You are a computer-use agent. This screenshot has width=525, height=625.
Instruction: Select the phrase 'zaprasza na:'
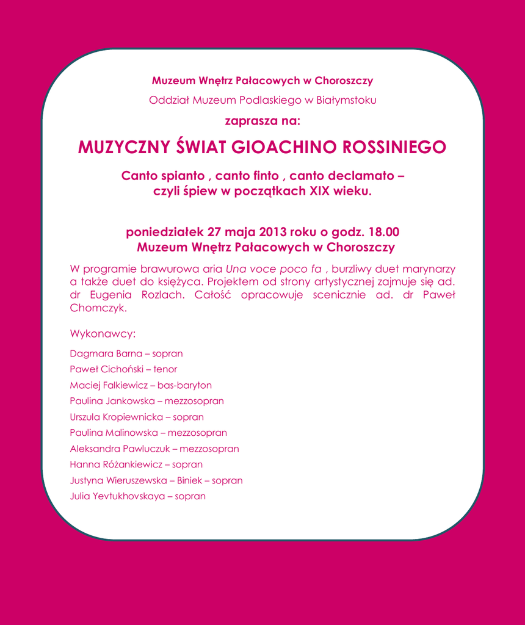click(x=262, y=120)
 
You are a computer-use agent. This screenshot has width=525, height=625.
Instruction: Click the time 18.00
click(x=383, y=232)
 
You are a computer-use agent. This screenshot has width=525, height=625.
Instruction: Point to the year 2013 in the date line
click(x=273, y=232)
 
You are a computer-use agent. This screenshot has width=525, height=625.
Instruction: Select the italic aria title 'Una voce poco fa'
click(x=273, y=269)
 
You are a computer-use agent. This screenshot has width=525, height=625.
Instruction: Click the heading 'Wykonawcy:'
click(x=103, y=334)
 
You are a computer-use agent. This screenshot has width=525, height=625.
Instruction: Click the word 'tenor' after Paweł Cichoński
click(x=165, y=369)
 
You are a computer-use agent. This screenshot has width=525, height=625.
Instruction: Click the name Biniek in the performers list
click(x=189, y=480)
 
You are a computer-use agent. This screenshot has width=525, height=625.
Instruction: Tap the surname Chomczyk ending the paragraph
click(x=98, y=308)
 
